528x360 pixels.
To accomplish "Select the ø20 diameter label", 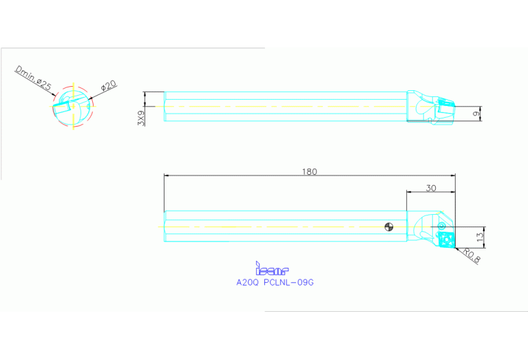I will (108, 86).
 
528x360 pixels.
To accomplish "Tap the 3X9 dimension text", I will (141, 118).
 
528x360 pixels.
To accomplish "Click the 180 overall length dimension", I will (310, 171).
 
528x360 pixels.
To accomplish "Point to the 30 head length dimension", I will (431, 187).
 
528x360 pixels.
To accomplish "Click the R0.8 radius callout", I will (470, 257).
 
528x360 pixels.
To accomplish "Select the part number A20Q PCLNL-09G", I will (275, 282).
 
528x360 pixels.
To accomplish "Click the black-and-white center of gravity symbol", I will (389, 226).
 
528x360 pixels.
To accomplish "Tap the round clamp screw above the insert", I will (441, 225).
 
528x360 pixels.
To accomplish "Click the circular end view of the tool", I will (71, 107).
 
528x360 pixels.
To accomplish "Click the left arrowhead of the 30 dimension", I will (409, 193).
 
